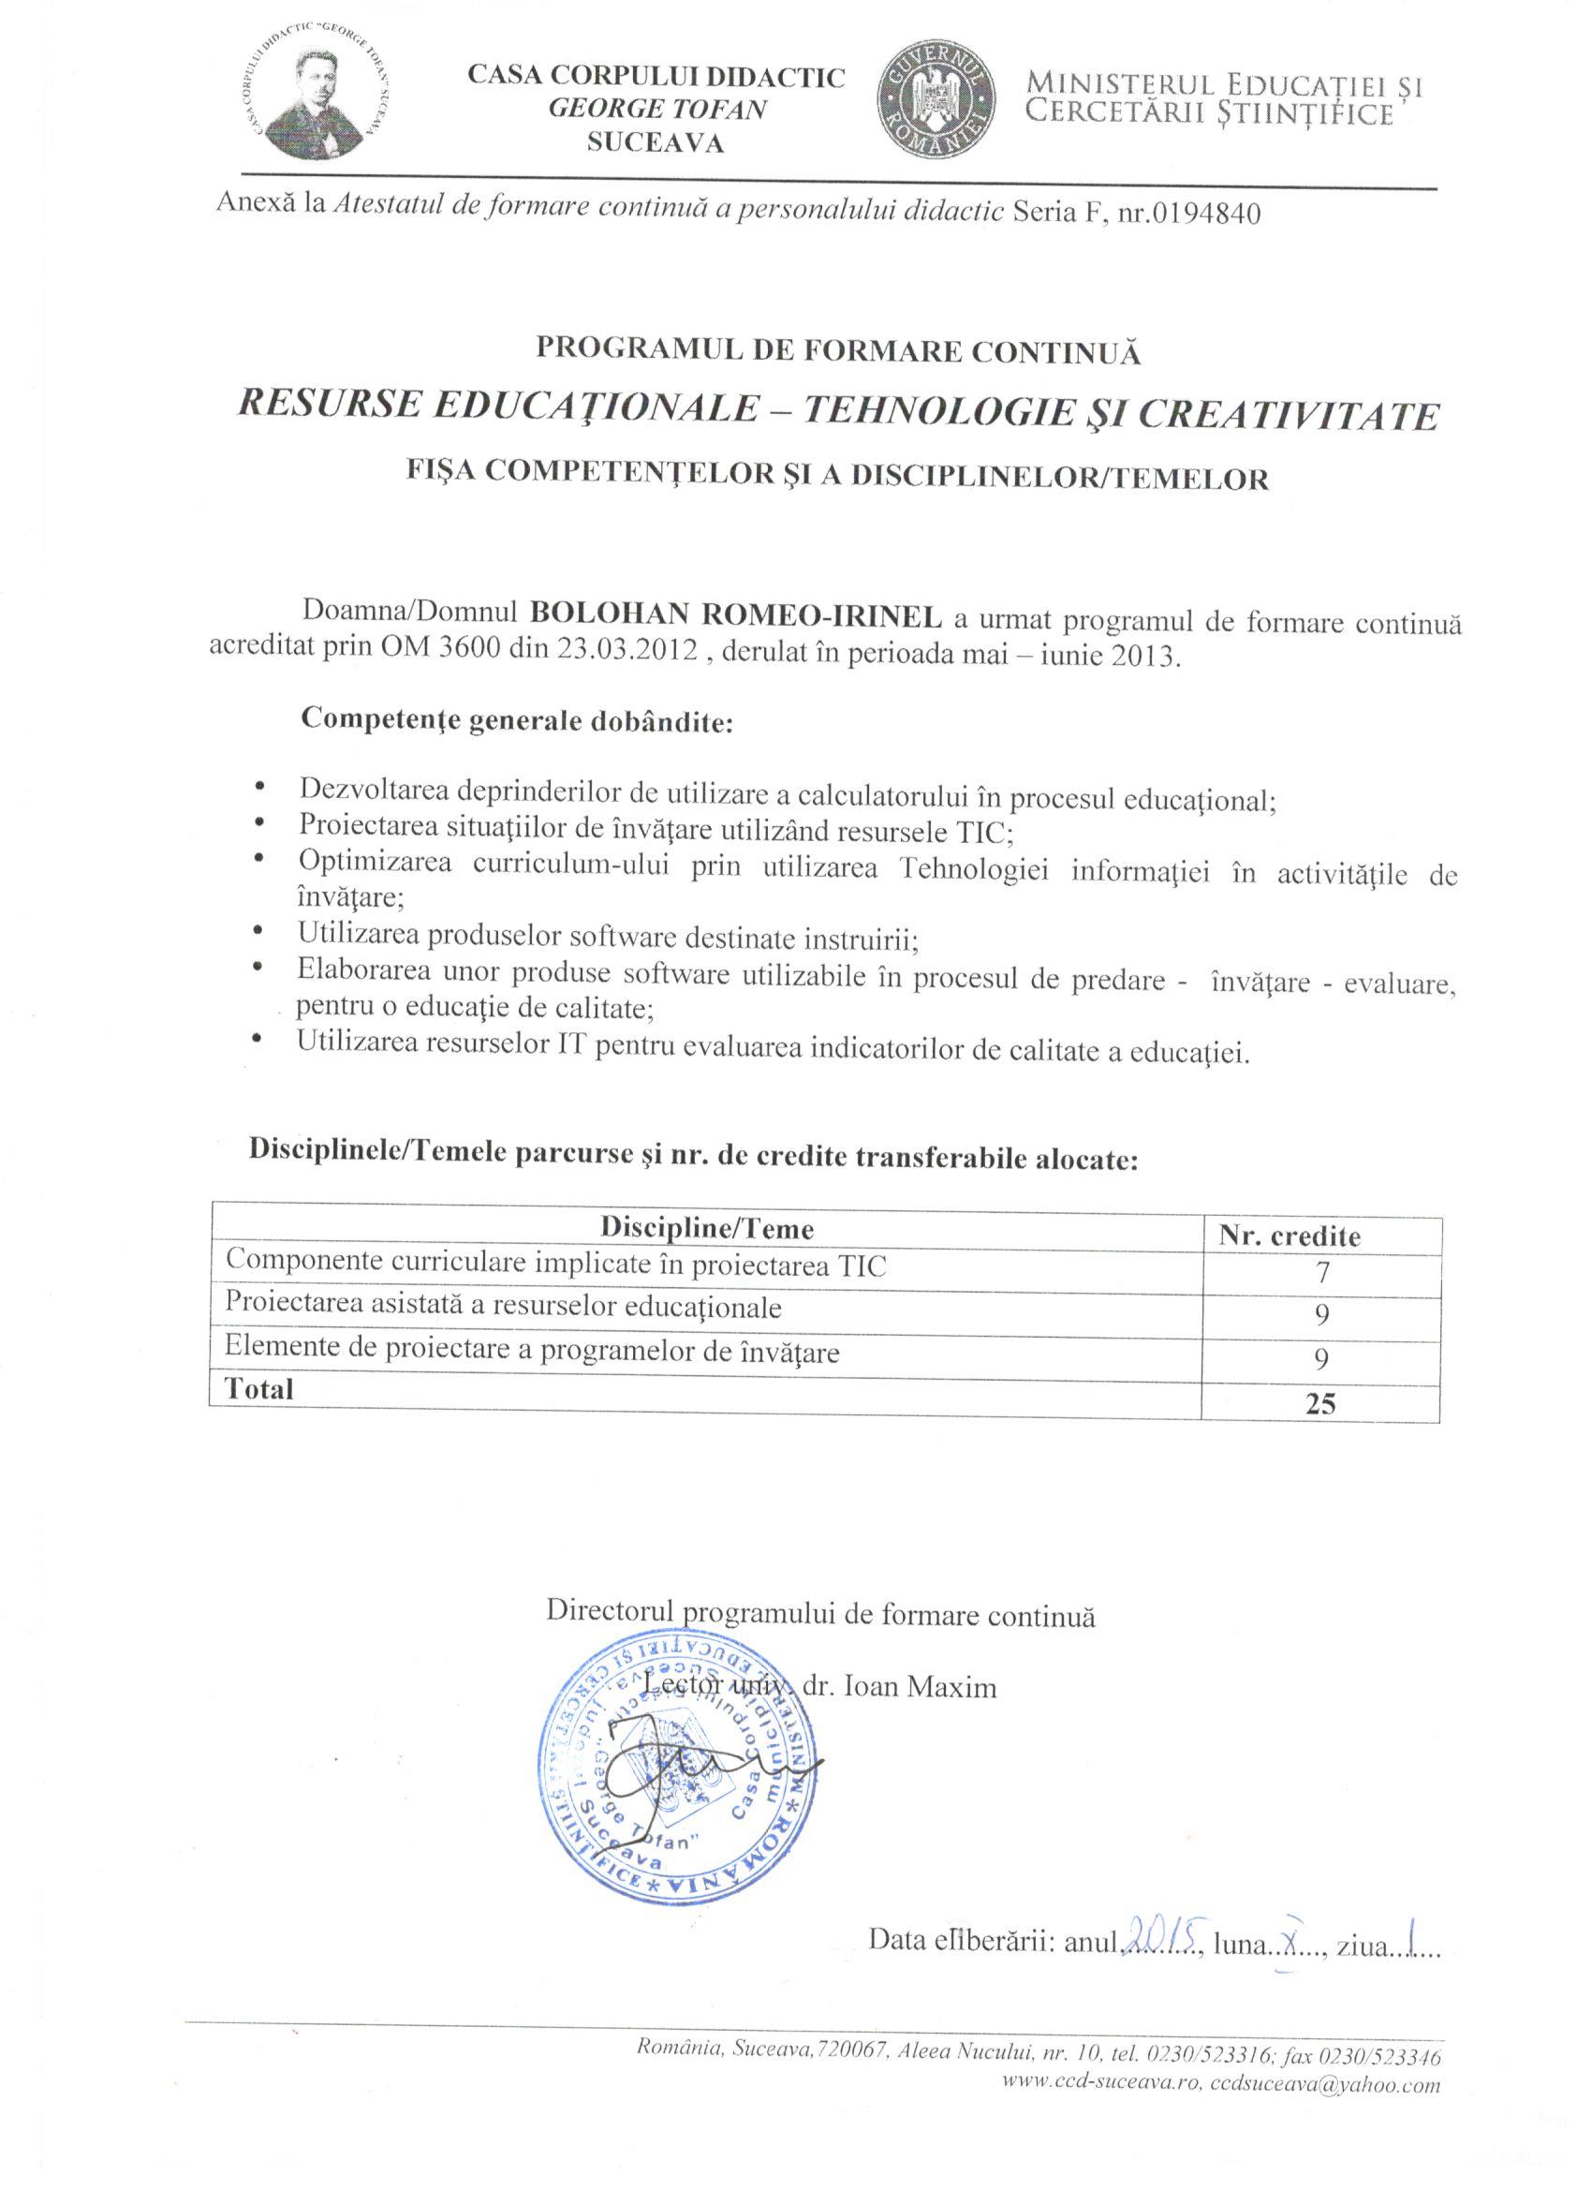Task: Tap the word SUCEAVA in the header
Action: click(x=656, y=144)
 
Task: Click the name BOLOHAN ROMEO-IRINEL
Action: click(x=738, y=615)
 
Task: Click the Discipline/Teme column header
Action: click(x=707, y=1228)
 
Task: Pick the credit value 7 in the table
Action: click(x=1322, y=1273)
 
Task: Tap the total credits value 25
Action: click(x=1319, y=1403)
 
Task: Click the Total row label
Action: click(x=258, y=1389)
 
